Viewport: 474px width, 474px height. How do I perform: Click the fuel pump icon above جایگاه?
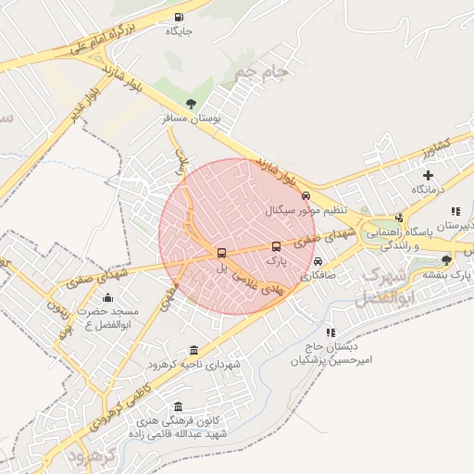178,17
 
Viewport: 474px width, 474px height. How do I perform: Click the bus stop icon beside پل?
220,253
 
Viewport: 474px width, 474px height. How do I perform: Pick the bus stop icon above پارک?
276,246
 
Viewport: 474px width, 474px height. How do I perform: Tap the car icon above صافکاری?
318,261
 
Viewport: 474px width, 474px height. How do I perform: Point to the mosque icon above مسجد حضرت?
107,297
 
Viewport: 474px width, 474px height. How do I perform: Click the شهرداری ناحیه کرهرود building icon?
193,350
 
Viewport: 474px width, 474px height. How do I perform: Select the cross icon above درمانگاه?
428,175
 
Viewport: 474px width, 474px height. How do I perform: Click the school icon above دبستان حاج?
330,331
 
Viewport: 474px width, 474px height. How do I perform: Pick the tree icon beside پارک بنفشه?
447,260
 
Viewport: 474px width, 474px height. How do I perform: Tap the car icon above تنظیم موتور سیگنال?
306,195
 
